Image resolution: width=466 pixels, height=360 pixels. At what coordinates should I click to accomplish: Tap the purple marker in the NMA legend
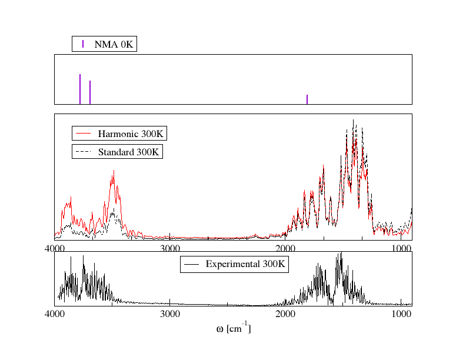[83, 44]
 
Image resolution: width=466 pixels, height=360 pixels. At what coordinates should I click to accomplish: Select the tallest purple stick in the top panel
[80, 89]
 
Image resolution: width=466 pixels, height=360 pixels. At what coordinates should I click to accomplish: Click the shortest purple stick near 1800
[307, 99]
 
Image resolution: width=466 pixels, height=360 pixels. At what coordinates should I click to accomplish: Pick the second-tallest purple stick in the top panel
[90, 92]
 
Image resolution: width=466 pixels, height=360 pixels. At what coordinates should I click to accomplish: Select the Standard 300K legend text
[128, 152]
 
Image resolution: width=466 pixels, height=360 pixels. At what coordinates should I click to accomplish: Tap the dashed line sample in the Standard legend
[84, 152]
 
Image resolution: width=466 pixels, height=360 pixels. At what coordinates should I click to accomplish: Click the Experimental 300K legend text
[245, 264]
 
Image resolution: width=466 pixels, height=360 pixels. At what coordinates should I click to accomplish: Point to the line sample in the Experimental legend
[191, 264]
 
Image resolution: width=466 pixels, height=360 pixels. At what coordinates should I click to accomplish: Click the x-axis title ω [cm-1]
[234, 328]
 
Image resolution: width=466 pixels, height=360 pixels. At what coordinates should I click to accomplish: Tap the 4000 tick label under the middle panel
[55, 249]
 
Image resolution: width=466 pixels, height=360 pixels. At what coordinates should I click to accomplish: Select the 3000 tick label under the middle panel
[170, 249]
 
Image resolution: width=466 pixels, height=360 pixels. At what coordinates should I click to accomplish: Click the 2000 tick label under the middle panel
[285, 249]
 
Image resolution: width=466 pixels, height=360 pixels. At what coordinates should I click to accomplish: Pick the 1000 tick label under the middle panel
[401, 249]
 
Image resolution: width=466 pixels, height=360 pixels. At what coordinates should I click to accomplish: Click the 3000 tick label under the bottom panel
[170, 314]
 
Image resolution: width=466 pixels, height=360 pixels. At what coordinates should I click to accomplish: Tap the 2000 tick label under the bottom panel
[285, 314]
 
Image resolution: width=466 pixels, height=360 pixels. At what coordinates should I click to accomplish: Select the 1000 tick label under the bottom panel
[401, 314]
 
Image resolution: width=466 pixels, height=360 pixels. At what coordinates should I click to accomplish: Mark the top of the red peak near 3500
[114, 171]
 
